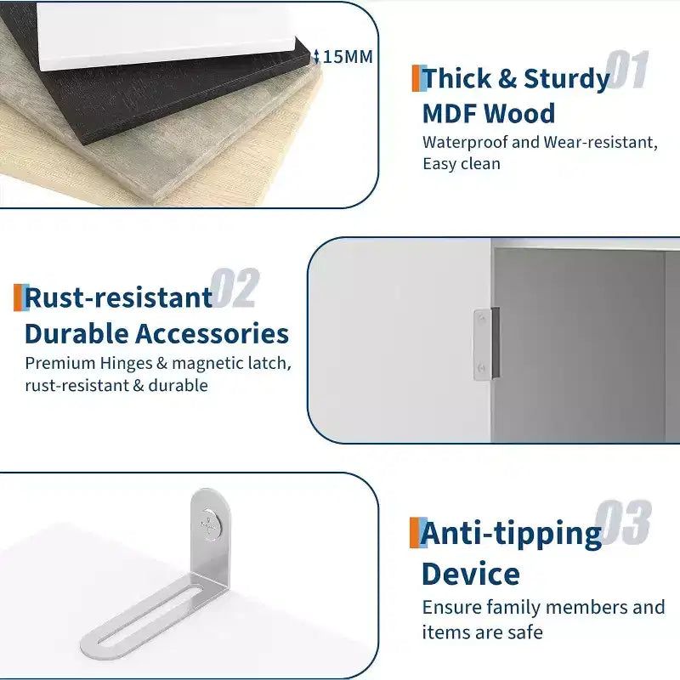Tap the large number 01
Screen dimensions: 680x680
coord(627,70)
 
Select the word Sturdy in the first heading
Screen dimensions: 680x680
coord(567,79)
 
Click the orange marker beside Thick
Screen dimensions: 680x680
coord(416,78)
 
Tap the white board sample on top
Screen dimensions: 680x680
coord(165,35)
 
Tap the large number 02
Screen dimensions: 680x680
coord(235,288)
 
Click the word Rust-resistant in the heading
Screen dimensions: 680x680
coord(118,297)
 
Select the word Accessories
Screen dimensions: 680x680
coord(212,333)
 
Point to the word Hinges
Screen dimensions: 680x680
coord(126,364)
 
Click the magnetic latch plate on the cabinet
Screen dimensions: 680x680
coord(485,344)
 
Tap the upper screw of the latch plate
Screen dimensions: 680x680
coord(481,320)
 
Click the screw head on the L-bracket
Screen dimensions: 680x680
coord(210,525)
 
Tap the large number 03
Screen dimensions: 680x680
coord(623,522)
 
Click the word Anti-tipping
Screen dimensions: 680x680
coord(511,534)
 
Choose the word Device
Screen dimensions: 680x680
coord(471,574)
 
